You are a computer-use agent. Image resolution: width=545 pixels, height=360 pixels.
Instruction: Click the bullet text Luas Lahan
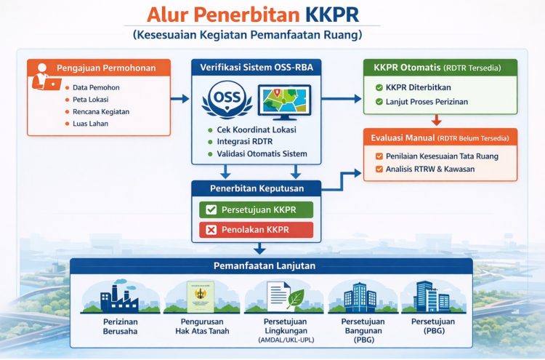click(90, 124)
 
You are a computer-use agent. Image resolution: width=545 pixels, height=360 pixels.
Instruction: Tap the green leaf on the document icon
click(296, 297)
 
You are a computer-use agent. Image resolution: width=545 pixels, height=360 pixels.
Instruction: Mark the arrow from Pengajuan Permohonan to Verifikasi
click(182, 96)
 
